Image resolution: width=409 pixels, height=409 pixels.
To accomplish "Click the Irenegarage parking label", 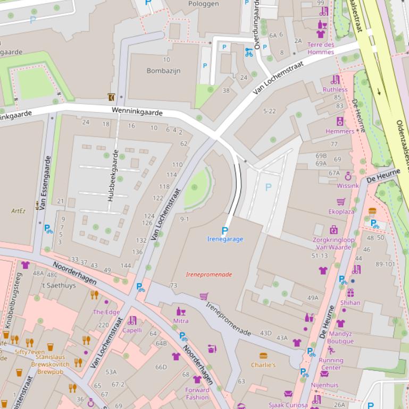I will pos(224,239).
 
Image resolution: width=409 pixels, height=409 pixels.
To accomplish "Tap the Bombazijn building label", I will pos(163,71).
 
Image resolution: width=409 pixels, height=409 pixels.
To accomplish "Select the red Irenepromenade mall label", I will pos(209,275).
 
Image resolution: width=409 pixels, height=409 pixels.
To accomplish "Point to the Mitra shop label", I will pos(181,321).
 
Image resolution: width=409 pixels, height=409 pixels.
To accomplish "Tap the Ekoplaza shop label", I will pos(341,211).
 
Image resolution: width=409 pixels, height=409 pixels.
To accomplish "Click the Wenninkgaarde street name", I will pos(137,112).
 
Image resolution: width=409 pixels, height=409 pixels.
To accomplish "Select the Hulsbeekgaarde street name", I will pos(113,175).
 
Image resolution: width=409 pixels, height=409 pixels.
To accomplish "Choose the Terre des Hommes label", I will pos(321,48).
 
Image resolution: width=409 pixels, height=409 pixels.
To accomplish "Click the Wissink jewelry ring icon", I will pos(348,176).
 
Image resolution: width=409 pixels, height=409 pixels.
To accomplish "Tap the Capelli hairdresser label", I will pos(132,330).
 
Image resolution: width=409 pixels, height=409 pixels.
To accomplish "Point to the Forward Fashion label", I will pos(197,394).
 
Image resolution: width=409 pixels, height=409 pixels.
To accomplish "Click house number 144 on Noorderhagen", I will pos(126,266).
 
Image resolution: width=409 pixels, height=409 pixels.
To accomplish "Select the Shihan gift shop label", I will pos(350,302).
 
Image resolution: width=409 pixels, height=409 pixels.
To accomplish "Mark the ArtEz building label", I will pos(19,211).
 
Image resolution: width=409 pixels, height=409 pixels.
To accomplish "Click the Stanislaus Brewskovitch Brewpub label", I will pos(50,361).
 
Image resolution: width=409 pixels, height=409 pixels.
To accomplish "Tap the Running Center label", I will pos(330,364).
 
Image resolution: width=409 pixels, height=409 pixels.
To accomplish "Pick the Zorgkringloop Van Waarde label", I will pos(333,243).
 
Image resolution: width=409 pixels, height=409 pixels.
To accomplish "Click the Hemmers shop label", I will pos(339,131).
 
